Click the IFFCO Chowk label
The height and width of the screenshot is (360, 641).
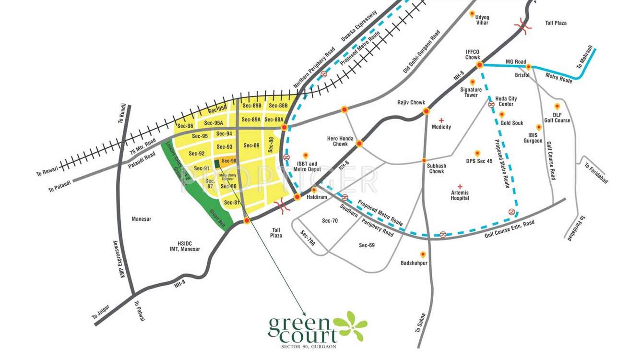point(473,54)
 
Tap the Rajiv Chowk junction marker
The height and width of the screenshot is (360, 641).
point(426,112)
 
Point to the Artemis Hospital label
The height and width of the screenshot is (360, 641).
point(460,195)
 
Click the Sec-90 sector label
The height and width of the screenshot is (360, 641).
point(229,161)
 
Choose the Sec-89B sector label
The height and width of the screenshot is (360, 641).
point(252,106)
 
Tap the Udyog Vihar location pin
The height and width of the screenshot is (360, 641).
point(472,14)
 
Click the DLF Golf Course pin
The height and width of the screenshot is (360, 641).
point(557,106)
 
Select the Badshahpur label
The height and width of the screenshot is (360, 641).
point(414,263)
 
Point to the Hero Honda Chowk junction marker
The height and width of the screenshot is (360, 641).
point(359,143)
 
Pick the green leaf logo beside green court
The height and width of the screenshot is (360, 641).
point(351,326)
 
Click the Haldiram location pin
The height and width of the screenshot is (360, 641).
point(314,190)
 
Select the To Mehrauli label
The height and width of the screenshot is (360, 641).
point(585,57)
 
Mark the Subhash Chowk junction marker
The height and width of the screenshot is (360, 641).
point(424,160)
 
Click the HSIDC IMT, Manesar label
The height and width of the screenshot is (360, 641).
point(185,246)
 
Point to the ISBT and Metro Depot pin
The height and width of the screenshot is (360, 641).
point(305,155)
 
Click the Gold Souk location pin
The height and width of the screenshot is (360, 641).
point(502,115)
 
